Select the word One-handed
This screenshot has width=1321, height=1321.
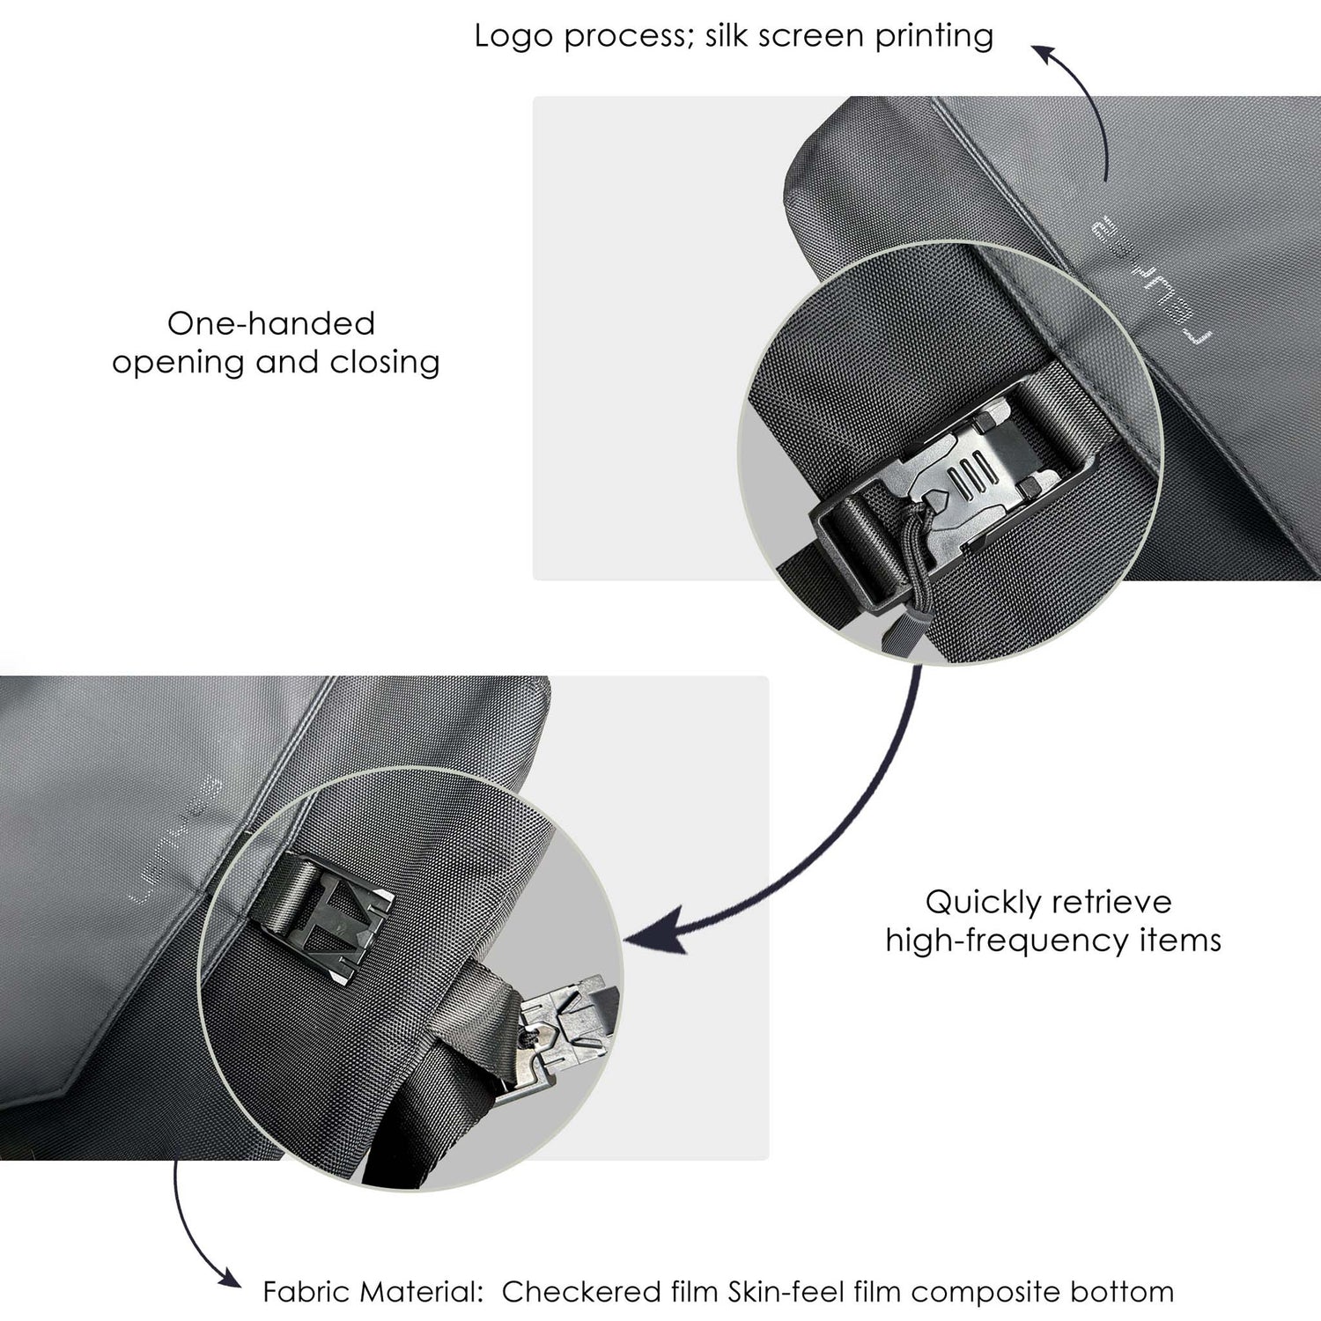point(271,323)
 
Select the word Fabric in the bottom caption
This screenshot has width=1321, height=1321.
point(305,1292)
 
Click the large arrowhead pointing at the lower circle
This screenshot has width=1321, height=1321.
point(656,934)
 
